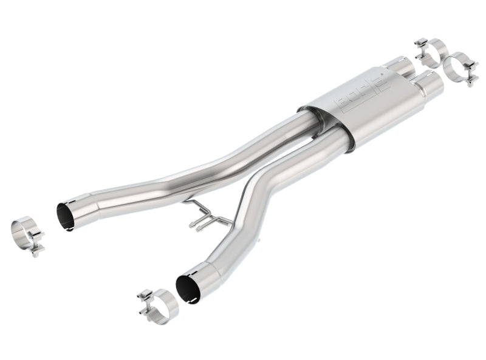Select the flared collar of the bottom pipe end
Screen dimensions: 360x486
click(x=200, y=279)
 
